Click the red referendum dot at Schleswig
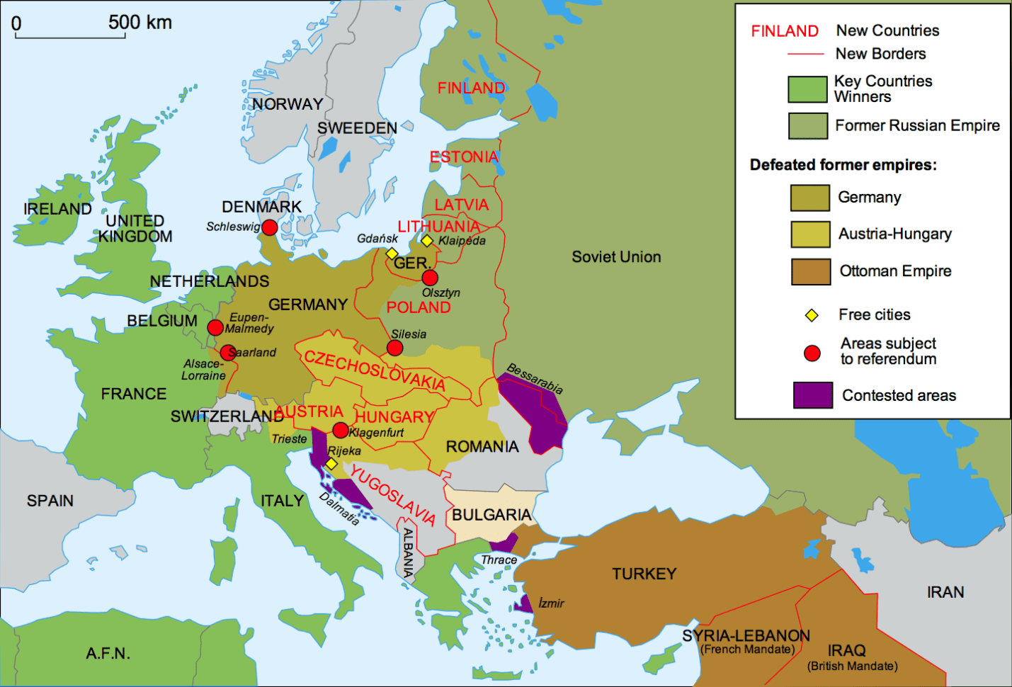point(269,227)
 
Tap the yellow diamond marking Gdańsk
point(392,254)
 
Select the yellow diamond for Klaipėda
point(427,241)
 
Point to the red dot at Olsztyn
point(430,278)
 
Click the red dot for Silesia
point(395,348)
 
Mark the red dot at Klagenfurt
point(341,430)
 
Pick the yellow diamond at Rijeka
point(331,464)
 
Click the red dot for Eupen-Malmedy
point(215,327)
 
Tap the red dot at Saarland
point(227,353)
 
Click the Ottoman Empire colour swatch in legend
point(810,271)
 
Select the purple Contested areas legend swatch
point(812,395)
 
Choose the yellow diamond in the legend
point(812,315)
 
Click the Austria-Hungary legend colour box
point(810,234)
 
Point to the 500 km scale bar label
point(140,22)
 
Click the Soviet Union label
point(616,257)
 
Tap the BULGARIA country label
point(491,515)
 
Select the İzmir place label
point(551,603)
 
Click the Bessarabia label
point(535,379)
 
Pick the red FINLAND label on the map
point(471,89)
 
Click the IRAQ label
point(846,650)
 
